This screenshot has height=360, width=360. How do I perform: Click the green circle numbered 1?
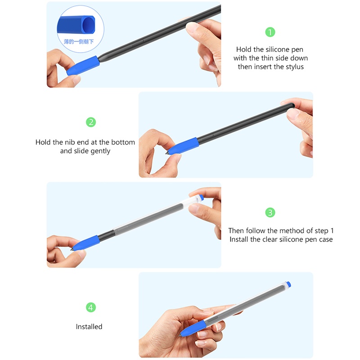coord(270,32)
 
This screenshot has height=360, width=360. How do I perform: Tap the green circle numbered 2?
coord(91,122)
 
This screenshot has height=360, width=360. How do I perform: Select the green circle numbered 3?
coord(270,212)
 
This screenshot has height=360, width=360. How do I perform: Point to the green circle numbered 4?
coord(91,307)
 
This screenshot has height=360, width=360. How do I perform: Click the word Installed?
coord(89,327)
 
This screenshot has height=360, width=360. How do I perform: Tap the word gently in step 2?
coord(100,151)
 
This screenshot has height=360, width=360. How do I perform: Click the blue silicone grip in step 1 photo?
coord(82,65)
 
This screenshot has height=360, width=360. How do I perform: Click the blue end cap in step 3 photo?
coord(200,198)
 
